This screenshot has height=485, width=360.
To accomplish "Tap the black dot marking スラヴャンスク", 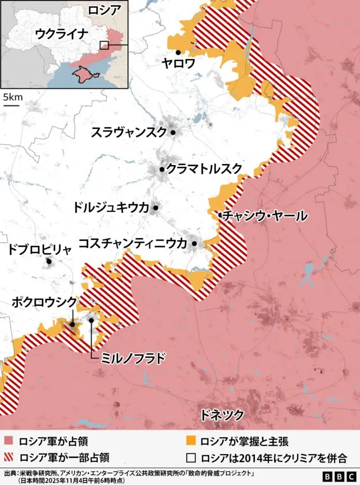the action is [173, 133].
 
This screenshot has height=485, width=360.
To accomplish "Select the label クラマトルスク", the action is [204, 169].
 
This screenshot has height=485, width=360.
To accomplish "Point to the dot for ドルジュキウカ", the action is [155, 208].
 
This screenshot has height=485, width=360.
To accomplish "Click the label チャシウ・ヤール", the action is [265, 215].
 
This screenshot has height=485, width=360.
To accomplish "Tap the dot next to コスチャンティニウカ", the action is [194, 243].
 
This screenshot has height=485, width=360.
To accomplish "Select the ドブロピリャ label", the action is [39, 250].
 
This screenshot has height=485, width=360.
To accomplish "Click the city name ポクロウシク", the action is [43, 302].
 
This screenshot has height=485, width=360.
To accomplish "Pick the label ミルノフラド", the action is [133, 357].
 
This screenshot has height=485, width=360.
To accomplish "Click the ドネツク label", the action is [222, 415].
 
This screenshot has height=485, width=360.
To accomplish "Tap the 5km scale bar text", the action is [12, 97].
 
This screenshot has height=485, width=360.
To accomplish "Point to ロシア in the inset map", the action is [105, 10].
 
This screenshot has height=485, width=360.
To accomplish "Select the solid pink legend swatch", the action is [9, 442].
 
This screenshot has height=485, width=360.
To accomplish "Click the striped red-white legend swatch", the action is [9, 457].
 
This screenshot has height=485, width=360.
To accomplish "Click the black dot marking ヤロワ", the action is [178, 52].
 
